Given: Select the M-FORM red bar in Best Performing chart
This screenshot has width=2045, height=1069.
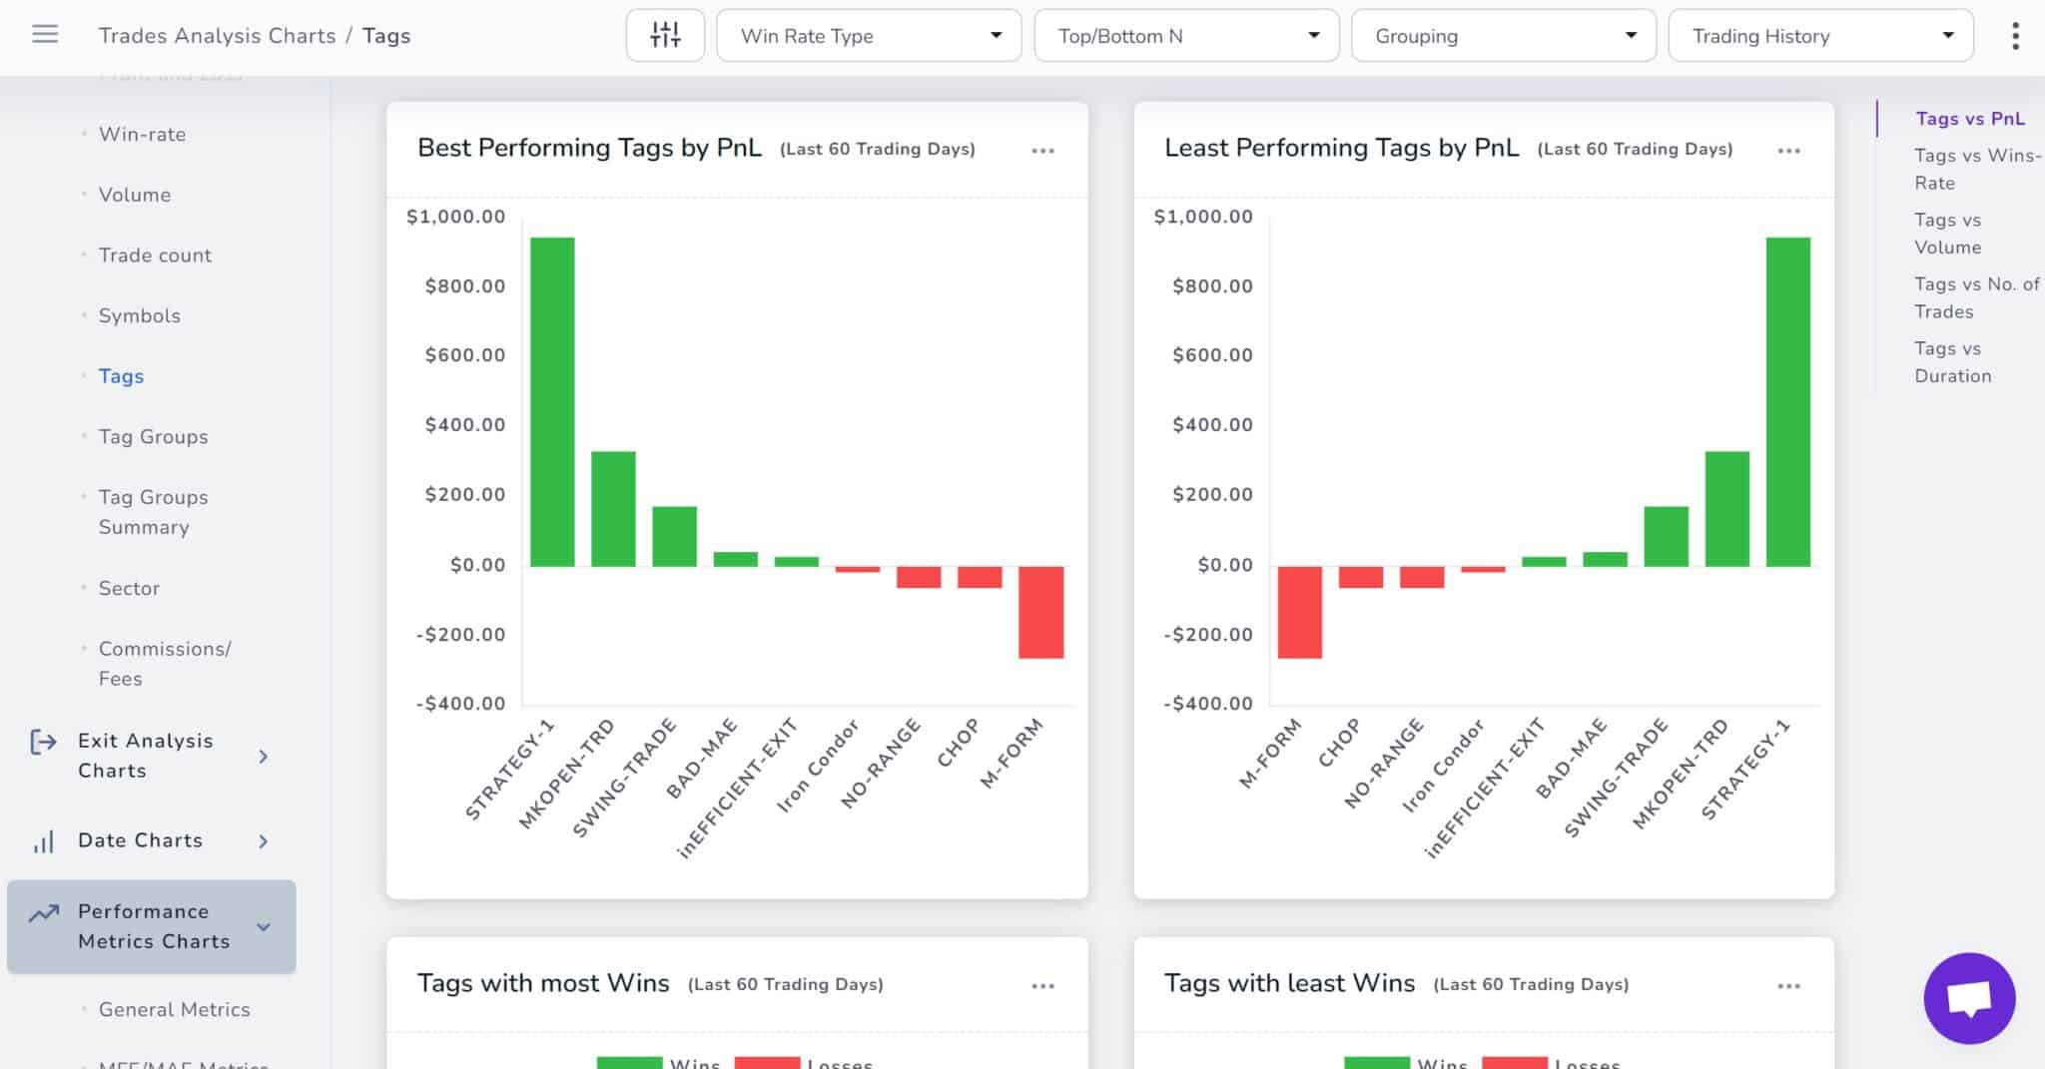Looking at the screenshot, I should (x=1040, y=612).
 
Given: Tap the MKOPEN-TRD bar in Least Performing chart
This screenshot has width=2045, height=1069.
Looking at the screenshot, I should (x=1726, y=509).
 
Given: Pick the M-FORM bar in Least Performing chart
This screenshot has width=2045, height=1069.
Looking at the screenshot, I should (x=1299, y=612).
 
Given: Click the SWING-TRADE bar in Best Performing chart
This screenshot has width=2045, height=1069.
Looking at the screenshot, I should (x=674, y=536).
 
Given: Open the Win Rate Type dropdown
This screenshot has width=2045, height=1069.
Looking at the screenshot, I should (x=869, y=36).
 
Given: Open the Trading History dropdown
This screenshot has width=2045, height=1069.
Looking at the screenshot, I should (x=1820, y=36).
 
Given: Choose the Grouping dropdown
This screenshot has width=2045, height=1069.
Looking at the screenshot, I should (x=1503, y=36).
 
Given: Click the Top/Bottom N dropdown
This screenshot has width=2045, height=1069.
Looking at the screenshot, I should (x=1186, y=36).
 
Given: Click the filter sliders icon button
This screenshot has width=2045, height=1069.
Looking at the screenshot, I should (x=665, y=36).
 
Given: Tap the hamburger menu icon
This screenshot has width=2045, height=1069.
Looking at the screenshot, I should (x=45, y=35).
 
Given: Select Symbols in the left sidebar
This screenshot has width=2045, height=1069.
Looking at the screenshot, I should (x=139, y=315).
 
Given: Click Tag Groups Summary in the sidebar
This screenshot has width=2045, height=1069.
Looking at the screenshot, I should (x=153, y=511).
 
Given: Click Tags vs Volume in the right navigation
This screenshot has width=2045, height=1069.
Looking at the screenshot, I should (x=1947, y=233).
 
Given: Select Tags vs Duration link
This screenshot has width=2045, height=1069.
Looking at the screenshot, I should (x=1952, y=361).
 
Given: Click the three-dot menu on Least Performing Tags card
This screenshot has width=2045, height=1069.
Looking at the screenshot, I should (x=1788, y=151).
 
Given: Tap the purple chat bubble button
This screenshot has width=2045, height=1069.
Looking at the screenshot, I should (x=1969, y=997).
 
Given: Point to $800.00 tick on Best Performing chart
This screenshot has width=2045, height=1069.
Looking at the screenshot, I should (x=464, y=286).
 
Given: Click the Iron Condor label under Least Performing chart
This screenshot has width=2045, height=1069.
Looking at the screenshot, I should (x=1442, y=767).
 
